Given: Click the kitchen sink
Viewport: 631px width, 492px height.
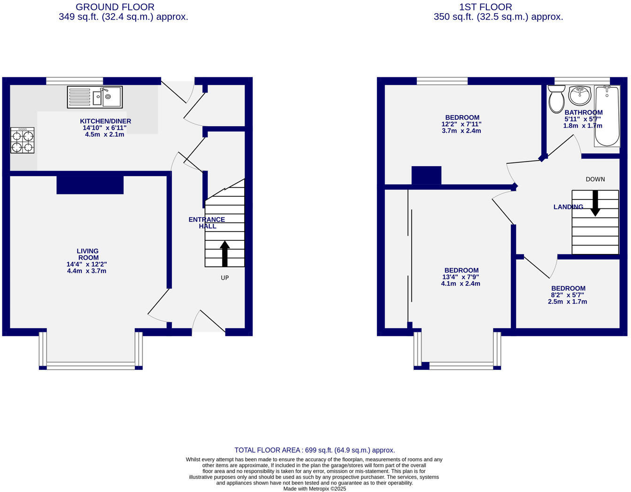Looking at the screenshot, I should (x=95, y=97).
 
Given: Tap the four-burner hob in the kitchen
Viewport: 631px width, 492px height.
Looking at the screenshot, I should (x=23, y=140).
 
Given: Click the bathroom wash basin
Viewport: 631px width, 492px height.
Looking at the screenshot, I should (x=579, y=96).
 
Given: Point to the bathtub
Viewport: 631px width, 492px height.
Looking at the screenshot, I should (x=607, y=116).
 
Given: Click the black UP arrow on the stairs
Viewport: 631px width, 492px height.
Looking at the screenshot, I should (x=224, y=254).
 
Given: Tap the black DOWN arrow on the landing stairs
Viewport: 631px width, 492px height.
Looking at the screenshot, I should (x=595, y=203).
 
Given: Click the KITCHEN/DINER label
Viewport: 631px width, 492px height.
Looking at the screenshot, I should (x=105, y=121).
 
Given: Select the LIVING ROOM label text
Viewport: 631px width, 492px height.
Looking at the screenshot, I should (x=88, y=254).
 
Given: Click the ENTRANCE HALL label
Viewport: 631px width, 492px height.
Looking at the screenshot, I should (x=207, y=223).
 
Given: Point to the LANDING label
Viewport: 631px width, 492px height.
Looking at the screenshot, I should (x=568, y=207).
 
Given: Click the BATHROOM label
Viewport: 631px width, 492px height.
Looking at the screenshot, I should (x=583, y=113).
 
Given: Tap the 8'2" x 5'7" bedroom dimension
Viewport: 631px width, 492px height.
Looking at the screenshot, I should (x=568, y=295).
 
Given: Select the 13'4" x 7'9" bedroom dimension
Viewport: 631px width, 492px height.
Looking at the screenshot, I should (x=461, y=277).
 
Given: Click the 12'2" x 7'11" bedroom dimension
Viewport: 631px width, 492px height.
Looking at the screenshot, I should (x=462, y=124).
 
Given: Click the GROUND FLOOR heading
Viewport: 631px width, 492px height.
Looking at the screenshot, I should (x=115, y=7).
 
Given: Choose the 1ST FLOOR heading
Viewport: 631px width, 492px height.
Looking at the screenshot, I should (x=485, y=7).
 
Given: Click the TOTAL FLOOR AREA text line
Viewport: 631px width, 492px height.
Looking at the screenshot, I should (x=315, y=450).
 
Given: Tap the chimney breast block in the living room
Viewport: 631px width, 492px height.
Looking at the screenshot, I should (x=90, y=184).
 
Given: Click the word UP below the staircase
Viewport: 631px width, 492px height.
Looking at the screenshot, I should (x=224, y=278).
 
